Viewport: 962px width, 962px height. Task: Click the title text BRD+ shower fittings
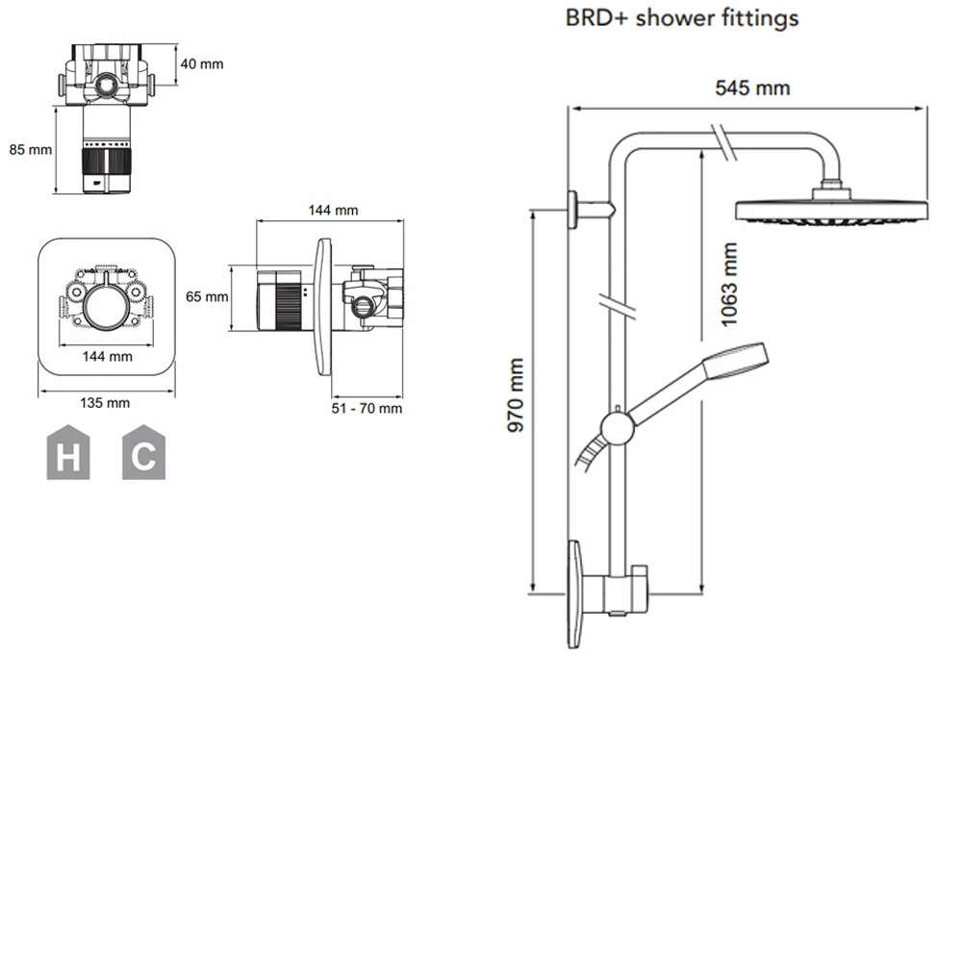(681, 17)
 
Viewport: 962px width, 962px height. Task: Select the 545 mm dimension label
(751, 88)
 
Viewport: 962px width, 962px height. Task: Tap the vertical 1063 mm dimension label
(729, 286)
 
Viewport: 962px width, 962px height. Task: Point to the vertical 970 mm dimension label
(517, 394)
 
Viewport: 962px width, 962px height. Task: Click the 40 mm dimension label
(202, 63)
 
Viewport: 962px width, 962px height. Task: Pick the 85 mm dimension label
(30, 149)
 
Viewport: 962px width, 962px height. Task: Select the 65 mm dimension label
(207, 297)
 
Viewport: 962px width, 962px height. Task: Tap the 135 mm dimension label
(105, 402)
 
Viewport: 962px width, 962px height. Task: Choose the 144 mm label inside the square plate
(107, 356)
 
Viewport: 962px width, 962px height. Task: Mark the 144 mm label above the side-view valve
(333, 211)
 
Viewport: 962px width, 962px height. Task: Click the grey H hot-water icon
(68, 453)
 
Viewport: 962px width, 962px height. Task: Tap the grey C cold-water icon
(143, 453)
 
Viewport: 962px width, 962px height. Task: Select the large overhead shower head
(831, 211)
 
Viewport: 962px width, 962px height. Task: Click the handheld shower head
(736, 361)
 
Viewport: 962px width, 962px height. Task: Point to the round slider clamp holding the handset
(616, 426)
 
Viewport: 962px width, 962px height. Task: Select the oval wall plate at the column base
(574, 594)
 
